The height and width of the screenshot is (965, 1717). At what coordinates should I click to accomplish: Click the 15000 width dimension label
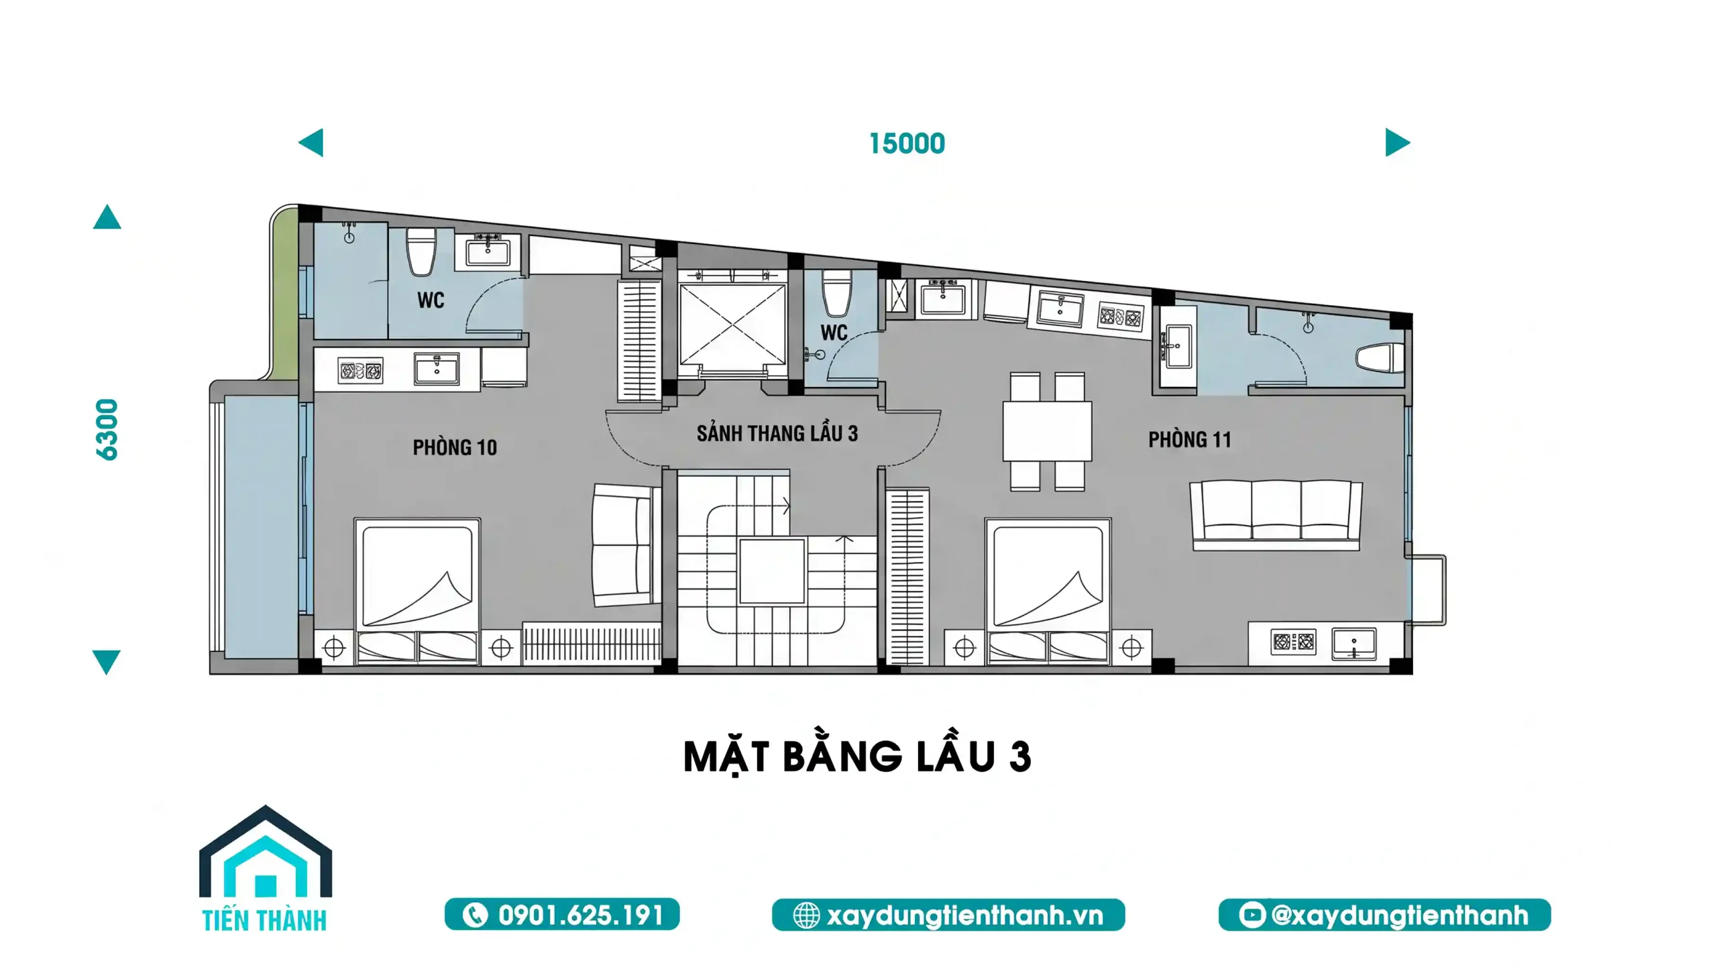click(907, 144)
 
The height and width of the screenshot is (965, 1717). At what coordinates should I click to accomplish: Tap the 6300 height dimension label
click(107, 430)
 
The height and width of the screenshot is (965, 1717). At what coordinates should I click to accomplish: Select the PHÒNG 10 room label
click(455, 447)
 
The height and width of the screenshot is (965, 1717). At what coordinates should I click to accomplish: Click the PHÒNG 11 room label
click(1190, 440)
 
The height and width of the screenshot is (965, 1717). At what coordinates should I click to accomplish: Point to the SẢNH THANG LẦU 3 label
click(777, 433)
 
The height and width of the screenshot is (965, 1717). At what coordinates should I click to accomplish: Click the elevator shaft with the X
click(732, 325)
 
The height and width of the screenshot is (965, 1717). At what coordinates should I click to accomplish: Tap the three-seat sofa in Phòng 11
click(1276, 514)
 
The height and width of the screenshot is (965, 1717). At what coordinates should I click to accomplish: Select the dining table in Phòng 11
click(1047, 431)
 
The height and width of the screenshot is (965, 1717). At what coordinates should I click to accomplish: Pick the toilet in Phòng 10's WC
click(421, 252)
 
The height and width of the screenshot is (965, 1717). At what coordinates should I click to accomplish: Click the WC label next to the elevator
click(834, 333)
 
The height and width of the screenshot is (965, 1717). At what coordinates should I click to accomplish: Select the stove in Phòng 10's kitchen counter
click(360, 371)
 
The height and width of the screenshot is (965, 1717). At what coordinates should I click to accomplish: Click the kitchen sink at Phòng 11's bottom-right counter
click(1353, 644)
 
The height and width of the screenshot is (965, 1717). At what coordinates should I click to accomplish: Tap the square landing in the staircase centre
click(771, 571)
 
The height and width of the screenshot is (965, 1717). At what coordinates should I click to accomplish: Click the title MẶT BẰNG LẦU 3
click(856, 757)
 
